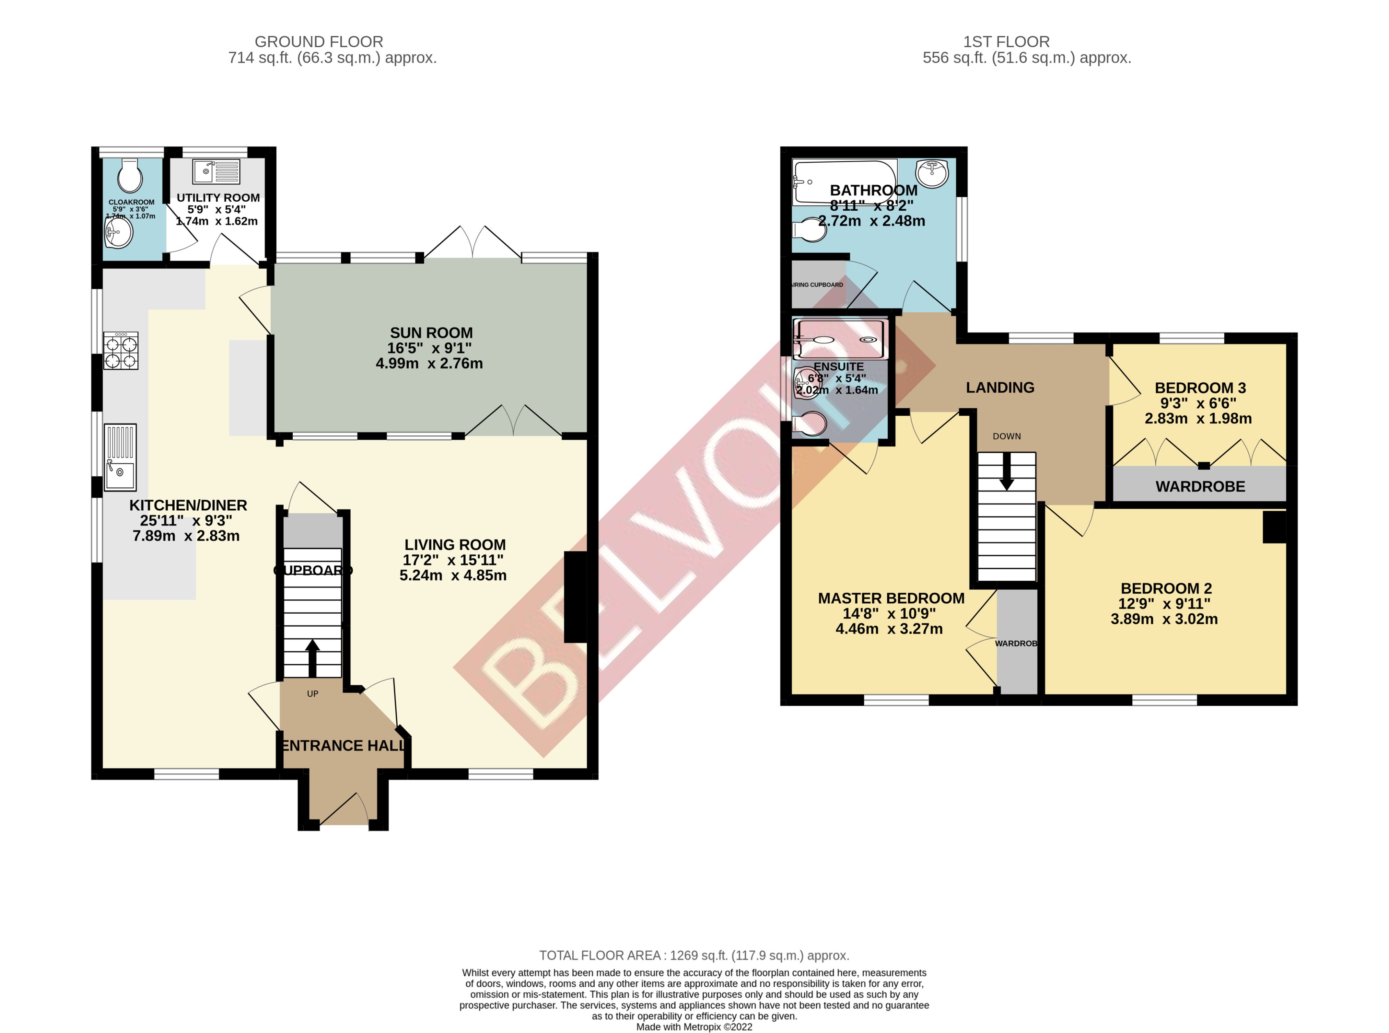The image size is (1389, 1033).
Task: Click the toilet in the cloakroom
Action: (x=130, y=176)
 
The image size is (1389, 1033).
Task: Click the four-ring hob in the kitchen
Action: (x=121, y=351)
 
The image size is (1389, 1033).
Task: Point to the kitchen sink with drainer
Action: (x=119, y=457)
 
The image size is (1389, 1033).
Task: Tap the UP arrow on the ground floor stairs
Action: (x=312, y=657)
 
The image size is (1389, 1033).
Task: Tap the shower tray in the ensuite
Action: (x=839, y=339)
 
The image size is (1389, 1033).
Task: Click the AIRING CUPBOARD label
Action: (x=817, y=284)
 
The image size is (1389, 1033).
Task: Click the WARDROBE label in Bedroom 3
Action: (x=1200, y=487)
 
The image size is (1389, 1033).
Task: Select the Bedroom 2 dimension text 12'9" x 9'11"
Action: (x=1164, y=603)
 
